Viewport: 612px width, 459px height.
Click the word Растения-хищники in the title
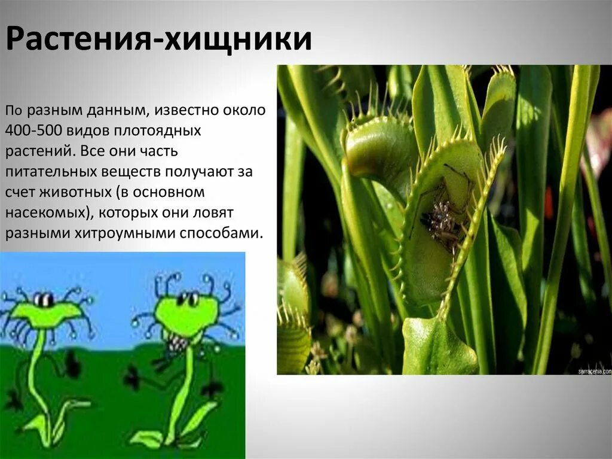pos(159,39)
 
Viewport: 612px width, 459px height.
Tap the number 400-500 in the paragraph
pos(30,130)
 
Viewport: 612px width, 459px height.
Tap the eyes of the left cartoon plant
pos(43,299)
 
